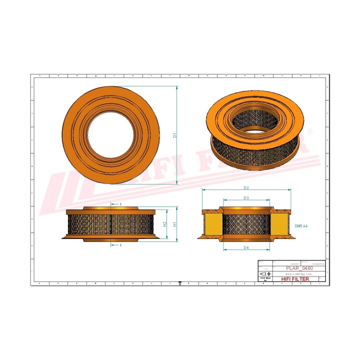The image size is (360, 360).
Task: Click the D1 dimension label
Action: coord(174,135)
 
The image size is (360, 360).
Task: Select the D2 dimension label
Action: coord(246,187)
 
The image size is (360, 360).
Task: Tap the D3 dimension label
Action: coord(246,198)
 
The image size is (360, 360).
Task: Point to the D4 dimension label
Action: coord(246,247)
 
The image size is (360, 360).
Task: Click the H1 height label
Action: coord(174,224)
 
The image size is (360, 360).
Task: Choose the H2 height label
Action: coord(165,224)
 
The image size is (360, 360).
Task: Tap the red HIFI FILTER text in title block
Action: coord(295,279)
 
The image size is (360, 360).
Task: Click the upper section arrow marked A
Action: coord(120,204)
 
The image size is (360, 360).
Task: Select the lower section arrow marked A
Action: coord(120,245)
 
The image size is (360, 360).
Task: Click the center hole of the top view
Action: coord(111,135)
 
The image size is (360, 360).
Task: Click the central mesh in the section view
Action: coord(246,224)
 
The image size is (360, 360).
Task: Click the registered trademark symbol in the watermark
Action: coord(309,131)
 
